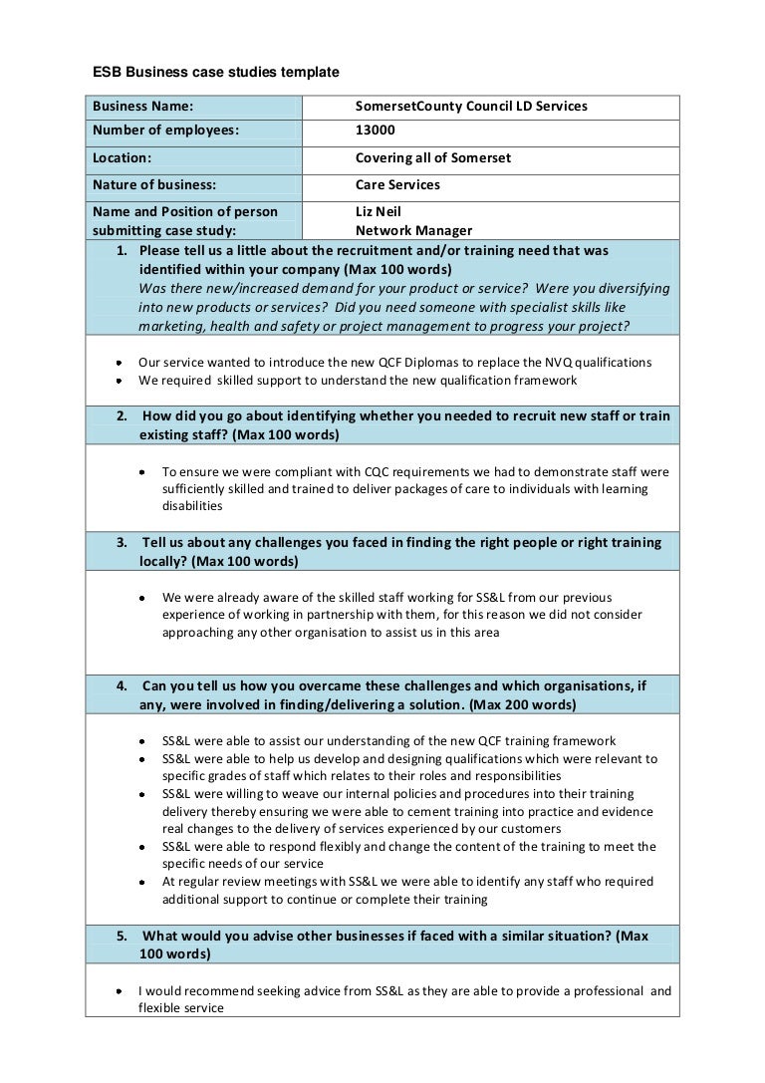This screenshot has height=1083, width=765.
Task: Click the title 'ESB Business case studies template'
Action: pyautogui.click(x=216, y=73)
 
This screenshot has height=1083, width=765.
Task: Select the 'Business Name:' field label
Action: pyautogui.click(x=142, y=107)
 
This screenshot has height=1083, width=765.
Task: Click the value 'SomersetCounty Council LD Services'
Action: pyautogui.click(x=471, y=107)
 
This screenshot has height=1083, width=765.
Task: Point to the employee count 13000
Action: pyautogui.click(x=376, y=133)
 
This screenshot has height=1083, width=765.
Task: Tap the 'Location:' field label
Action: pyautogui.click(x=123, y=158)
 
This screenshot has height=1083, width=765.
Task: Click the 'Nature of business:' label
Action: pyautogui.click(x=154, y=184)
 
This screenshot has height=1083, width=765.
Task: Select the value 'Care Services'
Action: pyautogui.click(x=397, y=184)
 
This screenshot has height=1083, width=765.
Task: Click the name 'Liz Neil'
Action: pyautogui.click(x=380, y=212)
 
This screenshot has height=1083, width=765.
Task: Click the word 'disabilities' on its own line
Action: pyautogui.click(x=192, y=506)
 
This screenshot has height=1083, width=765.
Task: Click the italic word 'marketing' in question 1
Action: pyautogui.click(x=171, y=327)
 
